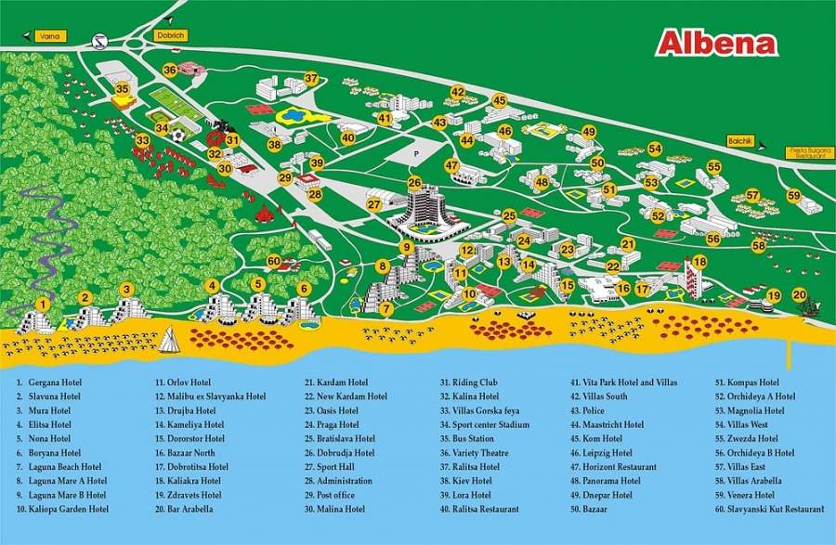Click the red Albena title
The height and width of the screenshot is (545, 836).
pos(716,44)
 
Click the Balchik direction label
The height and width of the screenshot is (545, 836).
pos(740,140)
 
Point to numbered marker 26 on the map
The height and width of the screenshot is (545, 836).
pos(414,183)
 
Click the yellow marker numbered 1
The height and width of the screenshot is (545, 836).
pos(42,304)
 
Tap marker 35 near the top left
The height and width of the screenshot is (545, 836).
pos(122,89)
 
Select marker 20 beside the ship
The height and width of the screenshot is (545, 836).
pos(799,294)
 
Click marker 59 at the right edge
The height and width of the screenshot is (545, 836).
pos(793,196)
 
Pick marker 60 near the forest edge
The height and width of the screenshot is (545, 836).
pos(273,262)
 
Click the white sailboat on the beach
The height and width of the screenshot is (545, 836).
pos(169,341)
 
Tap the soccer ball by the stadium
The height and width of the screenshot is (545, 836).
pos(178,135)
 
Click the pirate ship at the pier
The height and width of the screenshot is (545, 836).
pos(810,308)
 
